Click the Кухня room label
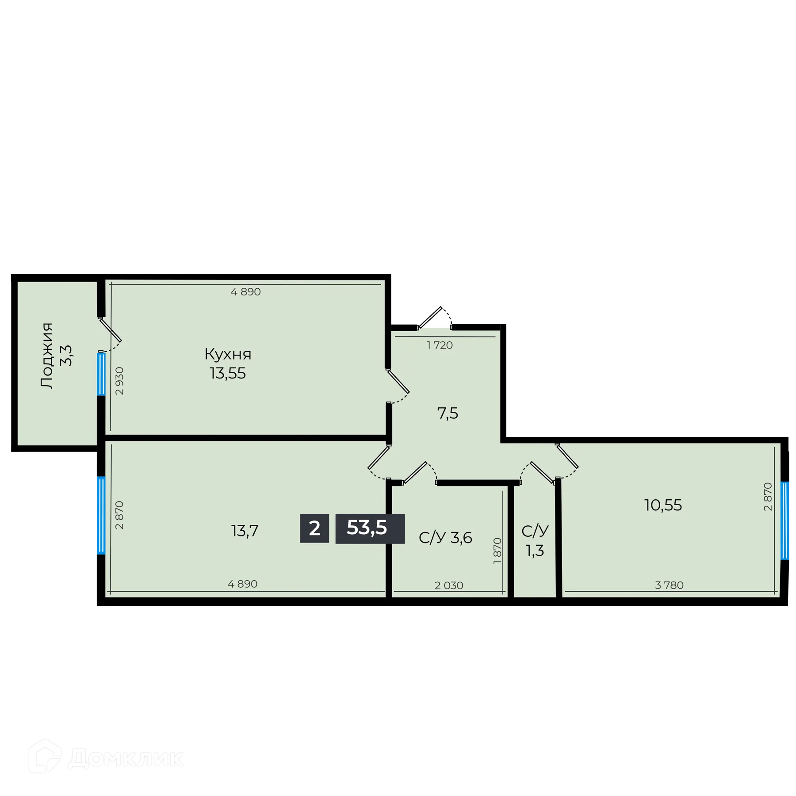[x=228, y=354]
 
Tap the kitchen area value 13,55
[x=228, y=374]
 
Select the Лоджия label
[x=46, y=356]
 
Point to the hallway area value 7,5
[x=448, y=413]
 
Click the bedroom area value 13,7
[x=245, y=531]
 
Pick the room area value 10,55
[x=663, y=505]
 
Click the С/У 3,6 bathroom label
[x=445, y=538]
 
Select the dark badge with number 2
[x=314, y=528]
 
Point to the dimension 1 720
[x=440, y=345]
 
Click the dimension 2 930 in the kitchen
[x=119, y=381]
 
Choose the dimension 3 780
[x=669, y=586]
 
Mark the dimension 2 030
[x=449, y=586]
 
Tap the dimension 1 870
[x=497, y=551]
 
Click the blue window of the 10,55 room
[x=785, y=521]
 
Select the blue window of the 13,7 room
[x=101, y=515]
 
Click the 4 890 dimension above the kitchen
[x=246, y=292]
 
